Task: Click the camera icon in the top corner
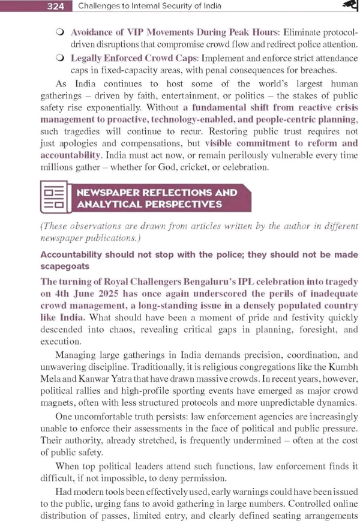pos(350,5)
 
